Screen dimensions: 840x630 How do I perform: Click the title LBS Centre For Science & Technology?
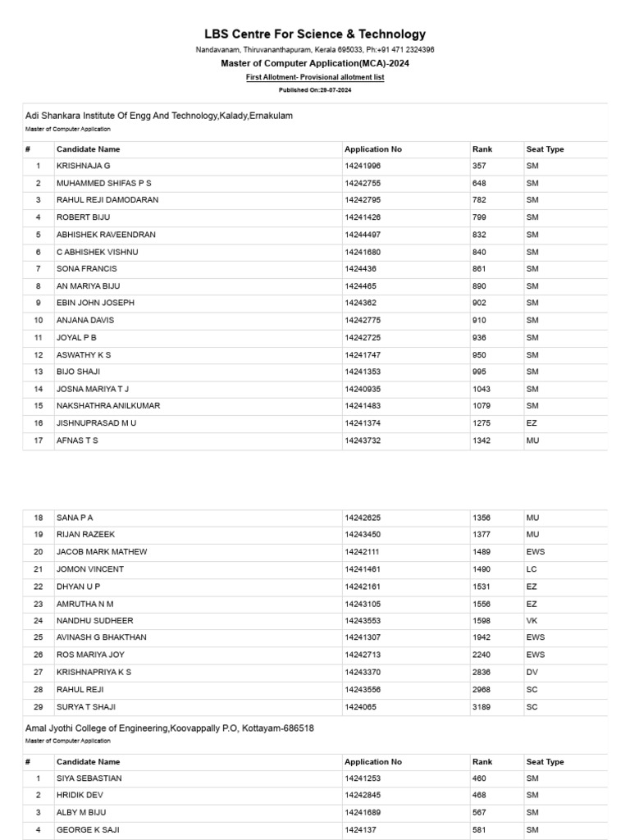[315, 34]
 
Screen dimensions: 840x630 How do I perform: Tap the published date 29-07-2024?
[315, 89]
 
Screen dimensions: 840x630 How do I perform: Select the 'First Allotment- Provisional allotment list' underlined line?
[315, 77]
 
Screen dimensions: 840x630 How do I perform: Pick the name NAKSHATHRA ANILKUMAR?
[108, 406]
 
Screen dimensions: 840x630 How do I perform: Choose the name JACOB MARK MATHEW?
[102, 552]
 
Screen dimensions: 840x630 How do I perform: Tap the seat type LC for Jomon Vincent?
[531, 569]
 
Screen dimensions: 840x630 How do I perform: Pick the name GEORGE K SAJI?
[88, 830]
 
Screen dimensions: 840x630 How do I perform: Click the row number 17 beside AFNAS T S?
[38, 441]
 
